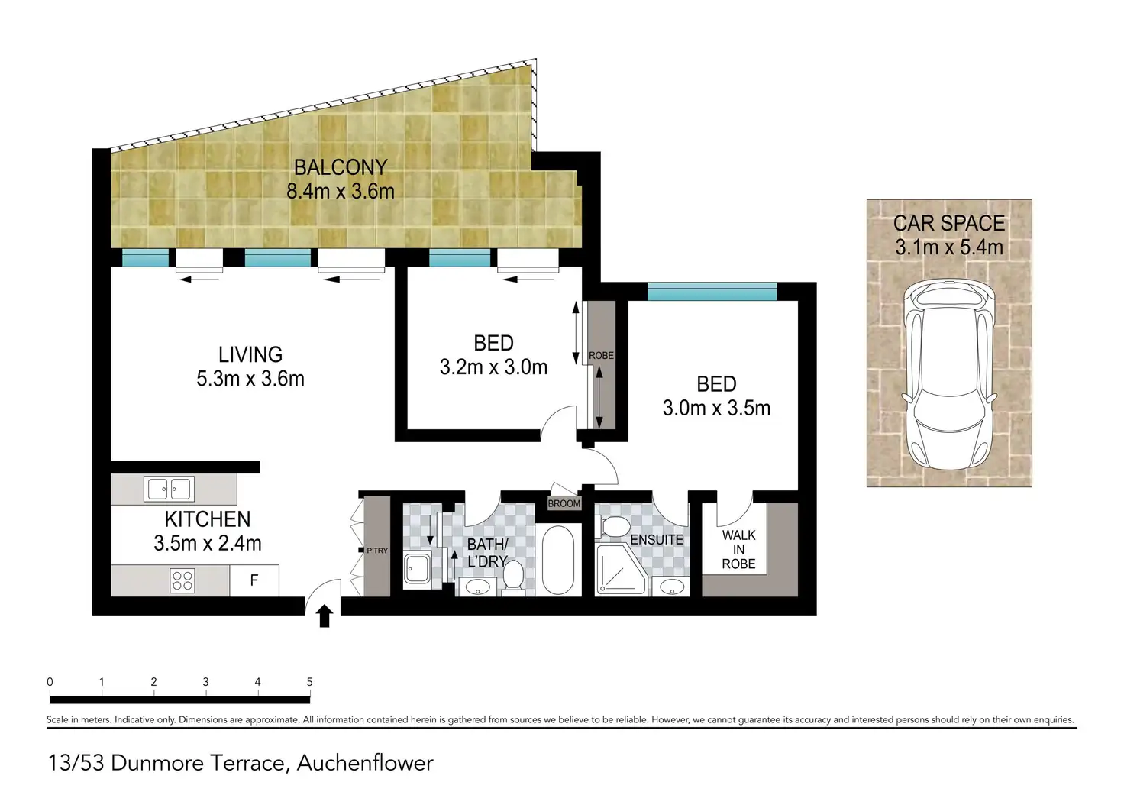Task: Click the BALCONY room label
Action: [x=341, y=167]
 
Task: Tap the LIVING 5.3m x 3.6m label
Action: [x=250, y=367]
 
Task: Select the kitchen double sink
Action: [x=169, y=489]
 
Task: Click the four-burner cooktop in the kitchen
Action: [x=182, y=580]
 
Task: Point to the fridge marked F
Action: [x=254, y=580]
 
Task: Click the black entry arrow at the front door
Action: [x=325, y=616]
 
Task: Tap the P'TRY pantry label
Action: [x=377, y=551]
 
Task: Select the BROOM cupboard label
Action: [x=564, y=503]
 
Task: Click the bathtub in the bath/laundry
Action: [x=557, y=560]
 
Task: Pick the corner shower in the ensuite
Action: [x=620, y=570]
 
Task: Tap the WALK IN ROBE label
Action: [x=738, y=550]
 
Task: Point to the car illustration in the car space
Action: [x=949, y=375]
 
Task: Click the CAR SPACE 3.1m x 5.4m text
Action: [x=949, y=235]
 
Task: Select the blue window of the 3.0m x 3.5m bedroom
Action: [x=712, y=292]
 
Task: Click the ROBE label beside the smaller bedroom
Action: [x=601, y=355]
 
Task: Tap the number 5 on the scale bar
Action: [x=309, y=681]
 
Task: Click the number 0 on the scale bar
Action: [x=50, y=681]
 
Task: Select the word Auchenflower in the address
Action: [x=365, y=764]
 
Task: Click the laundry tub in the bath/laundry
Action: [x=418, y=569]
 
